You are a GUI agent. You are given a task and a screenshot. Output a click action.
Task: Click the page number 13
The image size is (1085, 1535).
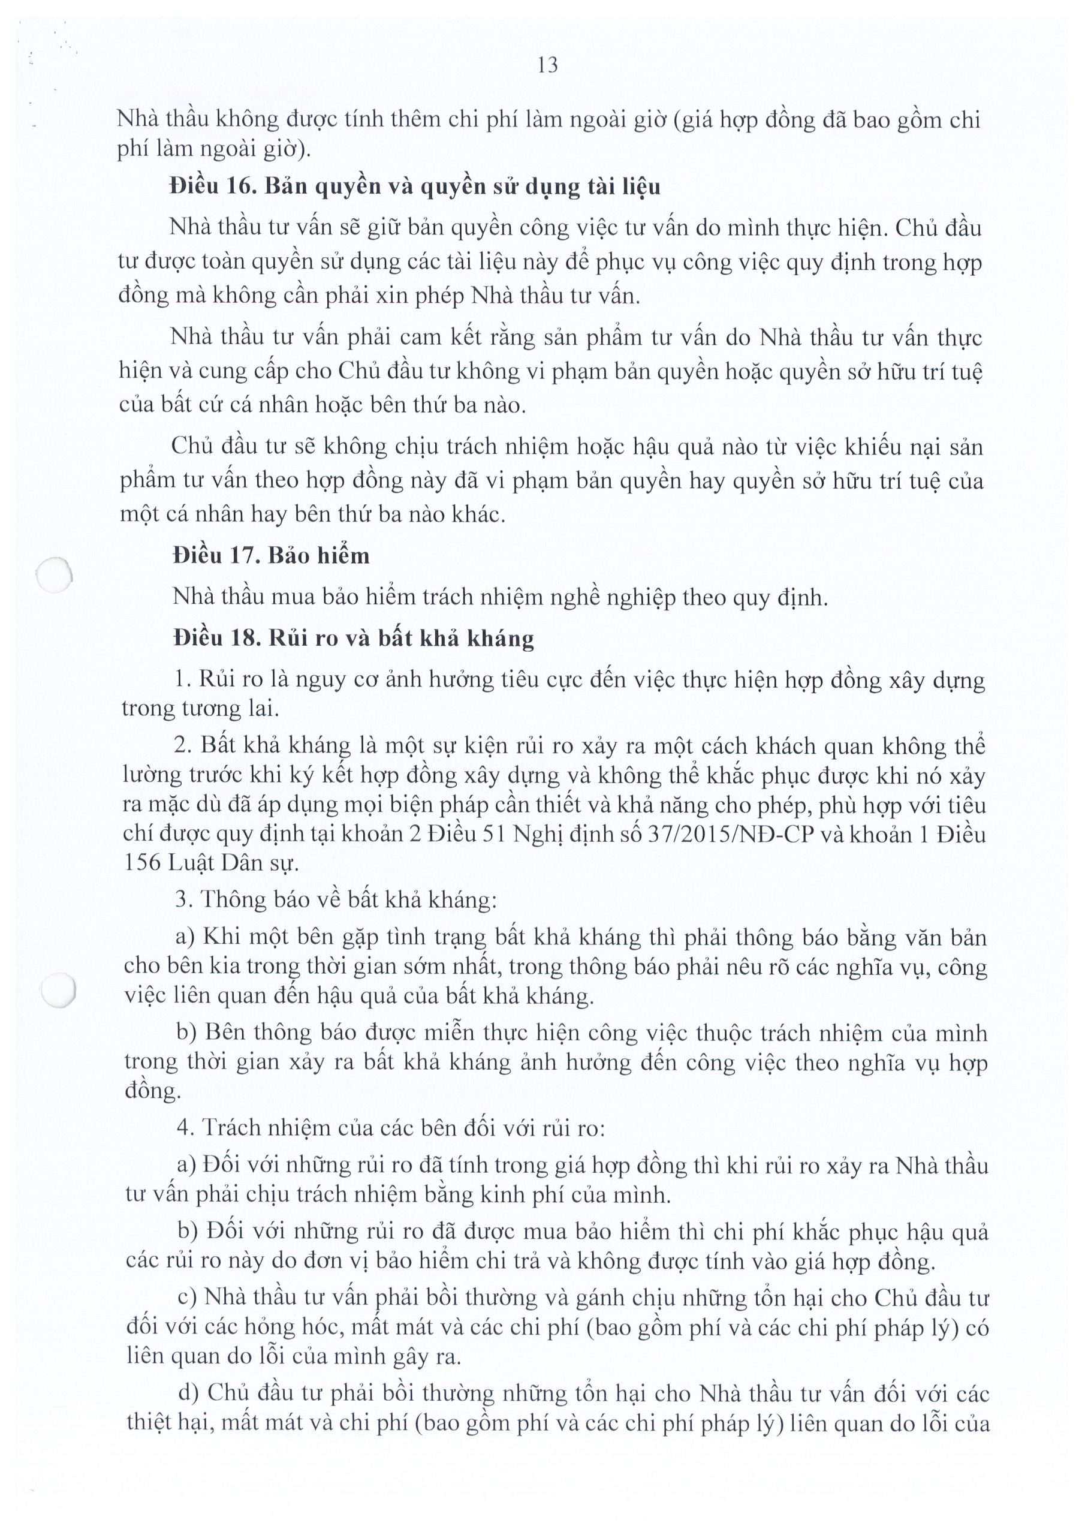pyautogui.click(x=547, y=65)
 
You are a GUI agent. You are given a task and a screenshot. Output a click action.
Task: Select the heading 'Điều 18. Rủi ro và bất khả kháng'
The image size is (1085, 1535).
pyautogui.click(x=353, y=639)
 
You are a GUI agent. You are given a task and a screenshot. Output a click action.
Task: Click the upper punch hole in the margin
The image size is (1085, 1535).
pyautogui.click(x=53, y=575)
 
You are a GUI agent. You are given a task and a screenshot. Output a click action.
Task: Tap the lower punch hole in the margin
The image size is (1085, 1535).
pyautogui.click(x=58, y=989)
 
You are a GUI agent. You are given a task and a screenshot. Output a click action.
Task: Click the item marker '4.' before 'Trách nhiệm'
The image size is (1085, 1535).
pyautogui.click(x=185, y=1128)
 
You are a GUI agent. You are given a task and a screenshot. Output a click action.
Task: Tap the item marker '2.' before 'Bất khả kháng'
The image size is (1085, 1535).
pyautogui.click(x=183, y=746)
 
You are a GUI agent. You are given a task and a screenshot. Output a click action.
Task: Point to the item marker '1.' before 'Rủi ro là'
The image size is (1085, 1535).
pyautogui.click(x=182, y=680)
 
